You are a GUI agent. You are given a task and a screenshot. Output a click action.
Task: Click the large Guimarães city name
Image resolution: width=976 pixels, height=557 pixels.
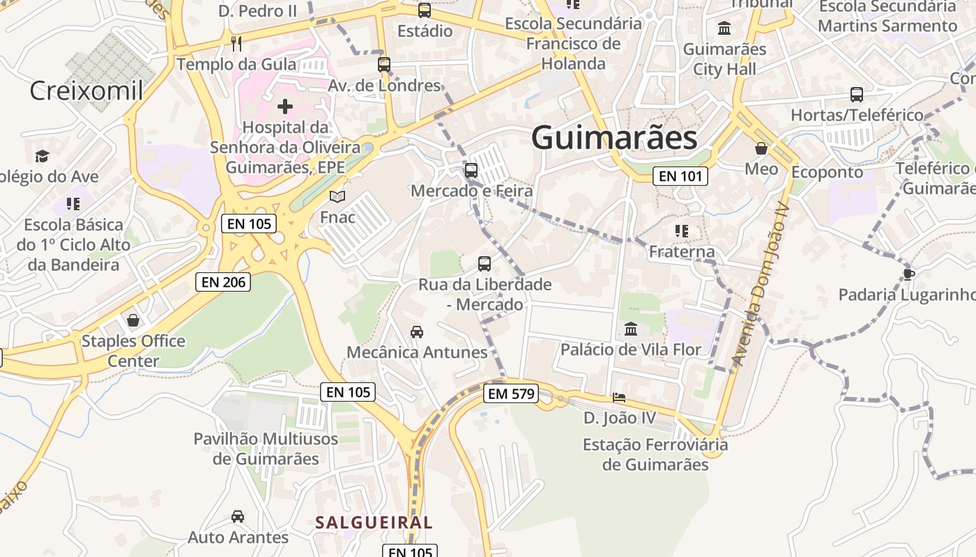coord(614,138)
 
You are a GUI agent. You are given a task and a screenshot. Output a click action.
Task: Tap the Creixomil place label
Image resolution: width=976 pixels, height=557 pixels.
coord(86,91)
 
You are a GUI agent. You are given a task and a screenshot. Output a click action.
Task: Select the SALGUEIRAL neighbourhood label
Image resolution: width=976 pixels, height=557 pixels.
coord(374,522)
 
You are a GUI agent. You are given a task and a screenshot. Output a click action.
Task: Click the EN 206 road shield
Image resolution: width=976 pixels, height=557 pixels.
coord(222,282)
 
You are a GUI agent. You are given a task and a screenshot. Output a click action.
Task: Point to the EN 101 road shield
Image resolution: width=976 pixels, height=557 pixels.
coord(680,176)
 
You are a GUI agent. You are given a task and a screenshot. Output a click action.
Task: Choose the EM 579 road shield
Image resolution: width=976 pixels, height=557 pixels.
coord(512,394)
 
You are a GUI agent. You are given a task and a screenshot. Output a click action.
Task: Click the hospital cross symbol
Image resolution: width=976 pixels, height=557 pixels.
coord(285,107)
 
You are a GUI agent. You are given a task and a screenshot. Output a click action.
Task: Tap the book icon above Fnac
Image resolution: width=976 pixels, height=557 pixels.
coord(337,197)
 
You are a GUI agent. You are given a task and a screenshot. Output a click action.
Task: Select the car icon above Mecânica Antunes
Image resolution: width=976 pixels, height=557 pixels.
coord(417,331)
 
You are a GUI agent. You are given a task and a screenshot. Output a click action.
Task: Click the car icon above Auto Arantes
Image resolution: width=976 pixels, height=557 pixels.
coord(238,517)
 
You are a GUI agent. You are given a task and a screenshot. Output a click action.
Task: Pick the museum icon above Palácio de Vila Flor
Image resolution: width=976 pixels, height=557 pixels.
coord(631,329)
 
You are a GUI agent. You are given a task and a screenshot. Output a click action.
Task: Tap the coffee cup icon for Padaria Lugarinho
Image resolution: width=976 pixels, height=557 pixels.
coord(908,274)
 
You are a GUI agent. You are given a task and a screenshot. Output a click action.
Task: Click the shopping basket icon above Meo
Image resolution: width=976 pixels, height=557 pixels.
coord(761,148)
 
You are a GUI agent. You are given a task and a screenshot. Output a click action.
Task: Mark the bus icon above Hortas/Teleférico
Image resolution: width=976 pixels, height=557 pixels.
coord(857,94)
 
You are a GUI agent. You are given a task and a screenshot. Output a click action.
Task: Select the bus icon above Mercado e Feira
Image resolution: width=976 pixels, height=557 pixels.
coord(471,170)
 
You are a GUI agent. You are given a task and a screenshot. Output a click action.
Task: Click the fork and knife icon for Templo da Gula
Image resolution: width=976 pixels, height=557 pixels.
coord(236,44)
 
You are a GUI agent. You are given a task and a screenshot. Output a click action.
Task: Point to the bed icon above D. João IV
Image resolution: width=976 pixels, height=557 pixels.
coord(619,398)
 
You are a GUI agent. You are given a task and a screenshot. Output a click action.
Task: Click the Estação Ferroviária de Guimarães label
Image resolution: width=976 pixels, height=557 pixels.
coord(655,454)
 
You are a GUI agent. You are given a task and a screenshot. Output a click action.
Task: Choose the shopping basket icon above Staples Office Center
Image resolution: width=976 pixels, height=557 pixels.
coord(133,320)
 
